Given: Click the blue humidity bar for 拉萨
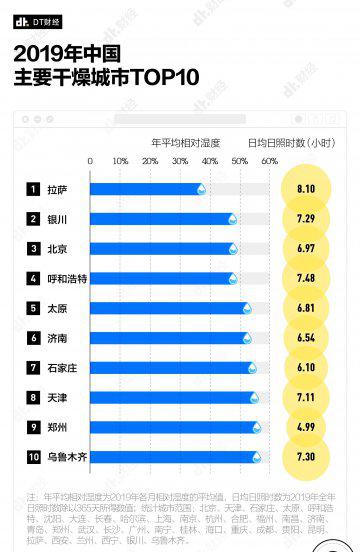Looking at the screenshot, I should point(146,188).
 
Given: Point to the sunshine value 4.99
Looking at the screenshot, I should point(305,427).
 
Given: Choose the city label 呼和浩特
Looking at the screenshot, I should point(68,278).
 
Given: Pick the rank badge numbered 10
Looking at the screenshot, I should point(33,457).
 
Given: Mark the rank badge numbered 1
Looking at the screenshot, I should point(33,188).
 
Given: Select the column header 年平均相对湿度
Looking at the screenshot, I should point(184,142).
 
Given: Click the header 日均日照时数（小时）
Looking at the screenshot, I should point(290,142).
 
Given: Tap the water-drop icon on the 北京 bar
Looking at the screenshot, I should point(233,248).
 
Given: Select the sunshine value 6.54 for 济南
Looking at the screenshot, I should point(305,338).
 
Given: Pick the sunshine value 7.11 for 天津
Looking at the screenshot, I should point(305,397).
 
